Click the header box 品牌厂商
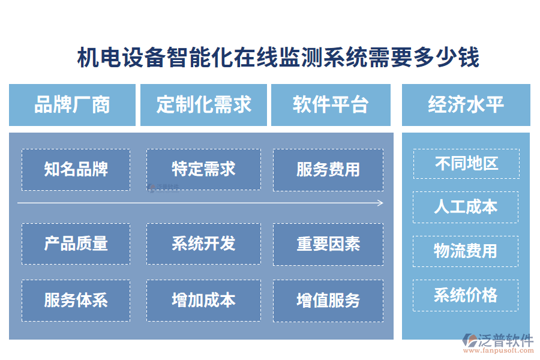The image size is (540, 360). click(72, 105)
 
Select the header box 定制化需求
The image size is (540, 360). click(203, 105)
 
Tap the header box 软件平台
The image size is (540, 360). click(331, 105)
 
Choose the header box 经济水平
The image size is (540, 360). click(466, 105)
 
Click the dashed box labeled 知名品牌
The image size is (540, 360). click(76, 170)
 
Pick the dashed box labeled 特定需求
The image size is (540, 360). click(203, 170)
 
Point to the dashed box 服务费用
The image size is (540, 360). click(328, 170)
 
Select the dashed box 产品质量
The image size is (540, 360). click(76, 244)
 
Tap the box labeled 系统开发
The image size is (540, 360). click(203, 244)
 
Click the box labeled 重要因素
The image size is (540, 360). click(328, 244)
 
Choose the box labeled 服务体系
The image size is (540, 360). click(76, 300)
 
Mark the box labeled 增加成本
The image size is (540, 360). click(203, 300)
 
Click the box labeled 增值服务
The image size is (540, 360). click(328, 300)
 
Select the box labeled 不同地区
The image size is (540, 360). click(466, 164)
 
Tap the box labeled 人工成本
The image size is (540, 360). click(466, 207)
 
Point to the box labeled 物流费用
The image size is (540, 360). click(466, 251)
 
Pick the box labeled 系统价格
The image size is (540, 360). click(466, 295)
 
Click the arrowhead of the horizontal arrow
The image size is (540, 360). click(380, 203)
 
